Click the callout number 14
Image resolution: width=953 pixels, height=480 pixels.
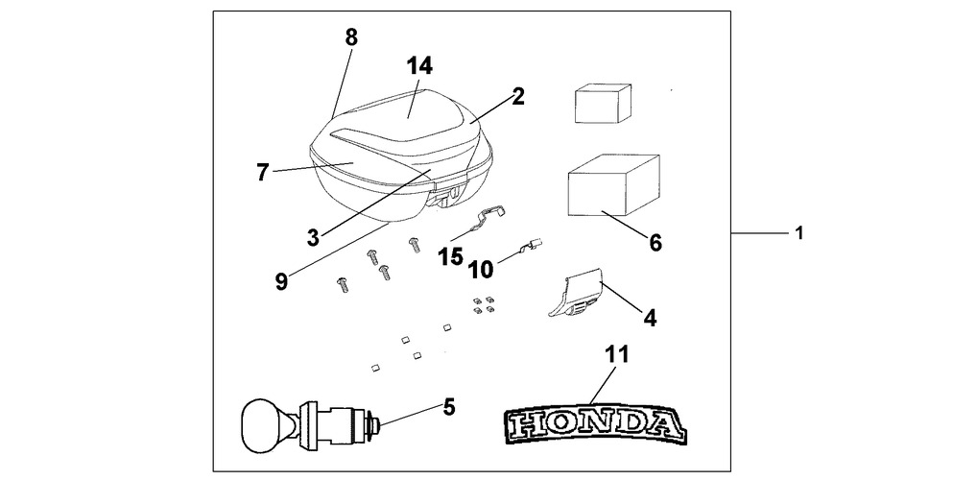click(418, 67)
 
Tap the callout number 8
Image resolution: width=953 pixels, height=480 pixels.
click(350, 37)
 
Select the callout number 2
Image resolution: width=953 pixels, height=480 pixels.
click(517, 96)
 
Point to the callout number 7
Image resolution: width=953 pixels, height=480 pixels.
click(262, 173)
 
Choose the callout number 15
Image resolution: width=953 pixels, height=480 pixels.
click(451, 256)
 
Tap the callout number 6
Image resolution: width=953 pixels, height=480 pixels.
click(655, 243)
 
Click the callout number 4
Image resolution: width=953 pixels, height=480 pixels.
click(650, 316)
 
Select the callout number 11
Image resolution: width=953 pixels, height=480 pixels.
click(616, 355)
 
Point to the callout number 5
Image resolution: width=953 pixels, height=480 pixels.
click(447, 406)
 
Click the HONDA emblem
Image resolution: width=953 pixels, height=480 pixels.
click(594, 421)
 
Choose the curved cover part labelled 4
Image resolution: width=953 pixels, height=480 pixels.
click(578, 292)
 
